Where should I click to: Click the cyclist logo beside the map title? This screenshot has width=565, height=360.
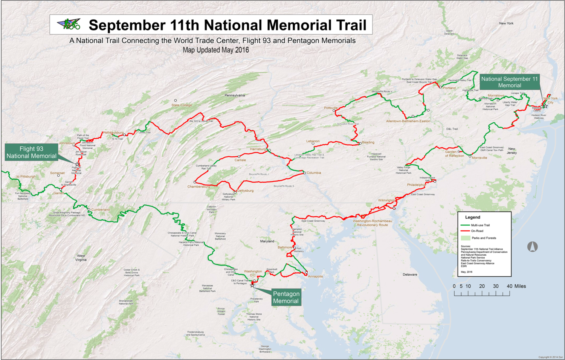69,24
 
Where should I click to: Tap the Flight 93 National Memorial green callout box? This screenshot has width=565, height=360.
31,153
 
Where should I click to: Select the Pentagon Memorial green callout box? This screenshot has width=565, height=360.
286,297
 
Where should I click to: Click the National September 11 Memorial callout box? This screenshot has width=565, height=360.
509,82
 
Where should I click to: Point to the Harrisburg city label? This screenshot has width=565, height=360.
258,149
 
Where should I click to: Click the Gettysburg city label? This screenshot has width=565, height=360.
245,191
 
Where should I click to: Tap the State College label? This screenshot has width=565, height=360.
182,105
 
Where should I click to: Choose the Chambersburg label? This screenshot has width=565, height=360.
199,187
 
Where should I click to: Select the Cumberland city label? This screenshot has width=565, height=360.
101,210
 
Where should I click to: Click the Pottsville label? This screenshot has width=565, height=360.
331,108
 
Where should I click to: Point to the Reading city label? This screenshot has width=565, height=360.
368,142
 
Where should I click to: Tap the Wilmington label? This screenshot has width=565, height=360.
386,200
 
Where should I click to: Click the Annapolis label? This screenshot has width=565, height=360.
315,276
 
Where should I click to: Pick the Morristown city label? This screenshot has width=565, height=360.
496,96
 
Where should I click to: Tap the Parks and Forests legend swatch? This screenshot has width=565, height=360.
466,238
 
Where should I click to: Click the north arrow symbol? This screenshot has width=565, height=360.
532,247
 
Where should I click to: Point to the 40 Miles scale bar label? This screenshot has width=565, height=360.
516,286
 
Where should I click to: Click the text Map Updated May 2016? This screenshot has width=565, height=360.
216,50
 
